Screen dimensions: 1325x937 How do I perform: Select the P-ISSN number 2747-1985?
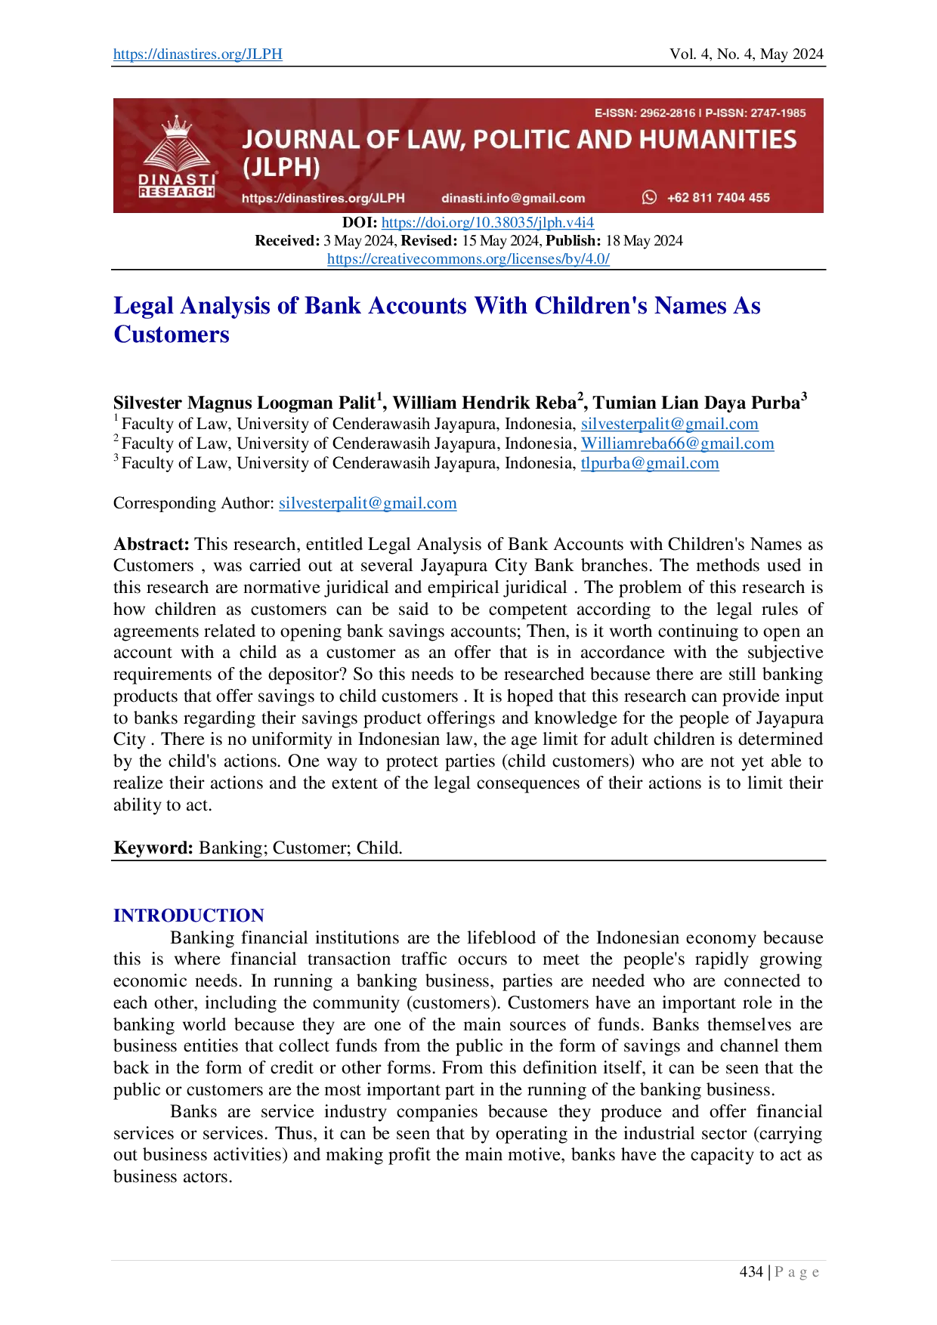(778, 113)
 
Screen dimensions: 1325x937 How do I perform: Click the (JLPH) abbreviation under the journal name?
(281, 168)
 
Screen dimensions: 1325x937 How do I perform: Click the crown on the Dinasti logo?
(177, 124)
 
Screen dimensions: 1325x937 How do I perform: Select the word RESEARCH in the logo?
(177, 193)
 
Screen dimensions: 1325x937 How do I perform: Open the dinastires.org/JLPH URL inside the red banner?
(323, 198)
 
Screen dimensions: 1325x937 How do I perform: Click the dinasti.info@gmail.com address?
(513, 198)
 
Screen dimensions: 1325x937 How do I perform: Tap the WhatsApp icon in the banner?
(649, 197)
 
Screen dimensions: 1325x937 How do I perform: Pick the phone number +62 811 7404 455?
(718, 198)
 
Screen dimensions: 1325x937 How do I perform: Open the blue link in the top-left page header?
(196, 55)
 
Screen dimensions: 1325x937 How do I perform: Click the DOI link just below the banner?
(488, 224)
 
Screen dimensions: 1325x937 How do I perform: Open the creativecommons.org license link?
(468, 259)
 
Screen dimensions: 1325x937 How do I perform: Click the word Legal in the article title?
(142, 305)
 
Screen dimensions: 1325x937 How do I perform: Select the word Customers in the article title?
(172, 333)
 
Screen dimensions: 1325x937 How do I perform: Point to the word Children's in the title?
(589, 305)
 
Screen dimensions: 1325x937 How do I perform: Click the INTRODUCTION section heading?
(187, 916)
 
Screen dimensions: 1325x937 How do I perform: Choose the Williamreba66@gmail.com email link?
(678, 444)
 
